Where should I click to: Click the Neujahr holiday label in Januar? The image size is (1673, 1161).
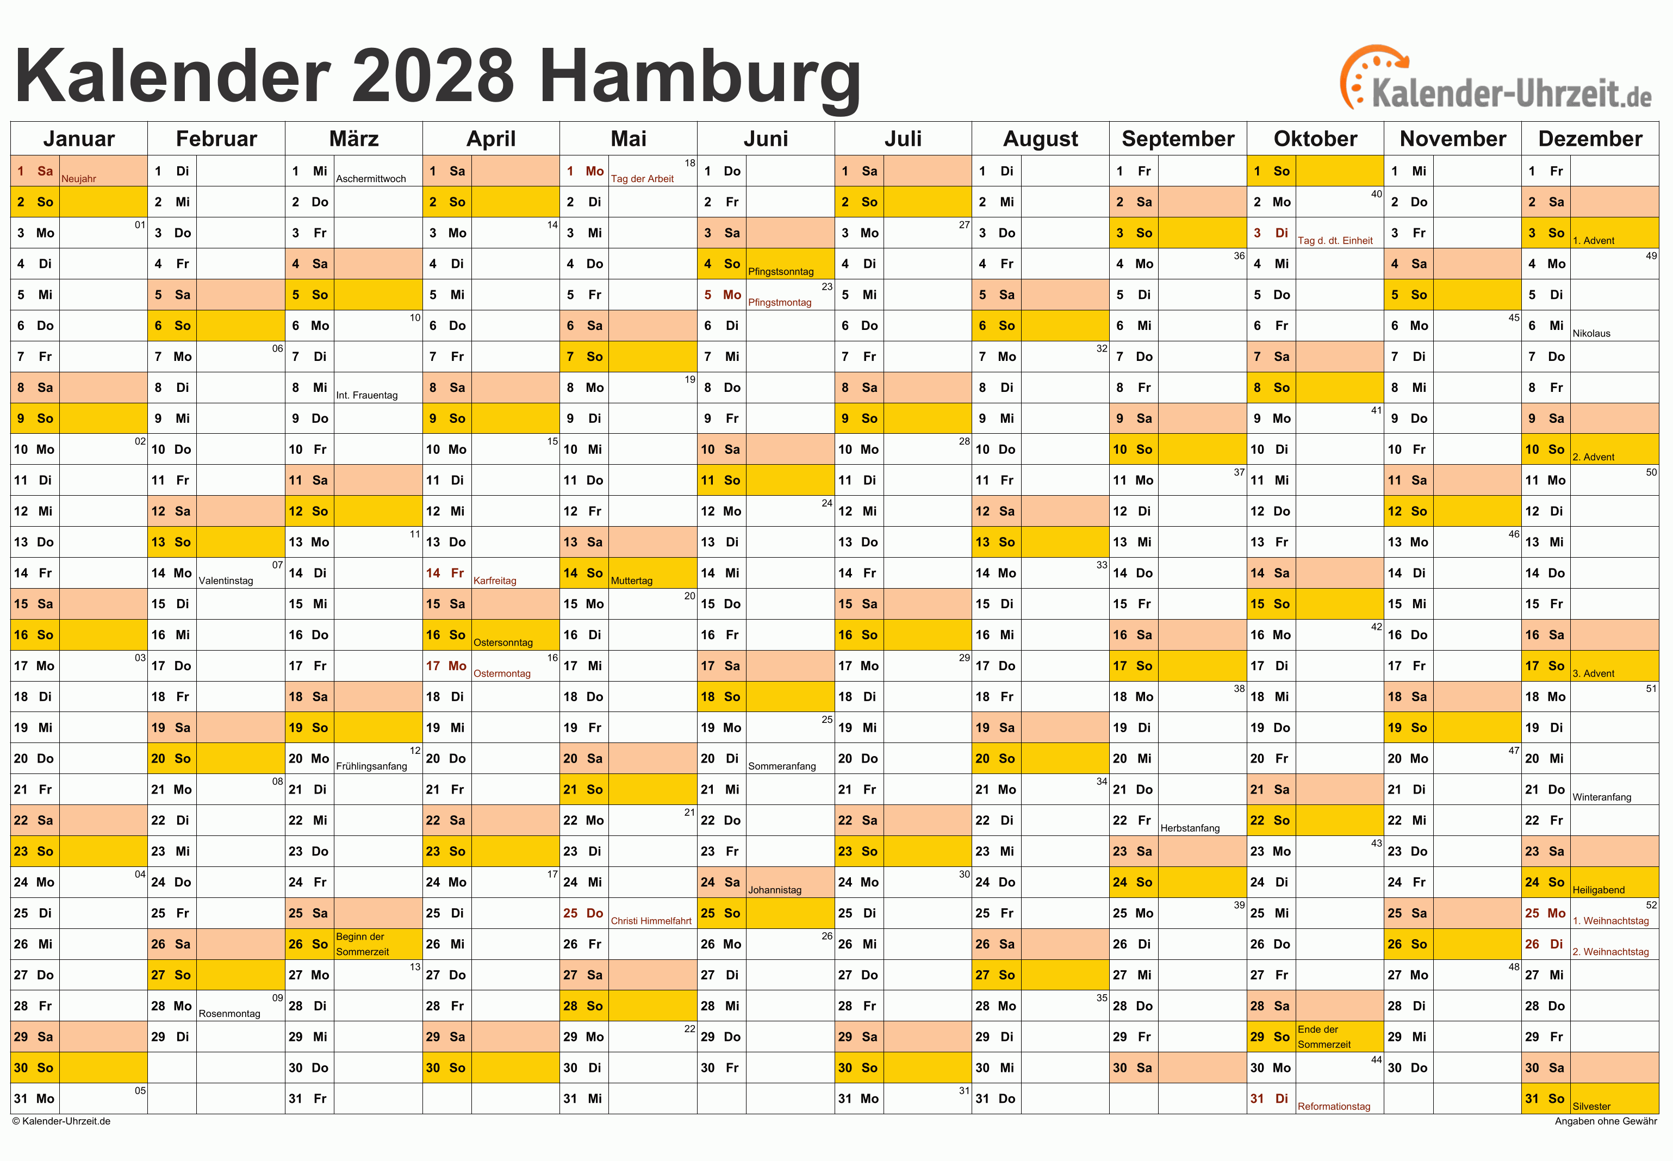tap(79, 179)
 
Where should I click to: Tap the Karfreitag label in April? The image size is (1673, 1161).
tap(495, 580)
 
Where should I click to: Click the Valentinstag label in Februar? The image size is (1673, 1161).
tap(226, 580)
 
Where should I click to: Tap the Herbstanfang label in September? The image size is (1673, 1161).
tap(1190, 828)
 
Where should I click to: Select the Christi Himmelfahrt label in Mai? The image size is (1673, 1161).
tap(651, 921)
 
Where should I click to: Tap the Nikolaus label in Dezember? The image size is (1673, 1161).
tap(1591, 333)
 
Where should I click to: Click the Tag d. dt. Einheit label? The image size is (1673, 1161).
tap(1335, 241)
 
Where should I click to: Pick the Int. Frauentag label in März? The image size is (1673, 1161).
tap(367, 395)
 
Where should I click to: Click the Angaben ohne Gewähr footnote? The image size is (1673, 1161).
tap(1606, 1121)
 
